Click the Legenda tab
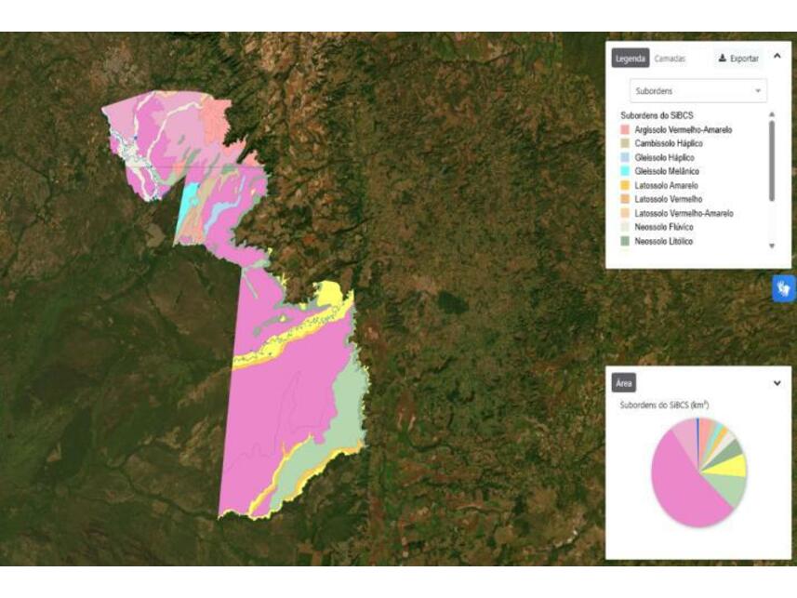(630, 58)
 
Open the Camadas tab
(670, 58)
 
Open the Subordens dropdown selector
(697, 91)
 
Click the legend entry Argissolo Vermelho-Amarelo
(683, 130)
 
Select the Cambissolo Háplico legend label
(668, 144)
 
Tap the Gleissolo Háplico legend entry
(664, 158)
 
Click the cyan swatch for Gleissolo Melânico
(625, 172)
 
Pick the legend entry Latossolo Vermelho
(668, 200)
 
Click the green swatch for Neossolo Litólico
(625, 242)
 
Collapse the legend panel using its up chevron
(777, 56)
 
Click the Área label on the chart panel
(623, 382)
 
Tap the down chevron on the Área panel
(777, 382)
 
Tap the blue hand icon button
(784, 288)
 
